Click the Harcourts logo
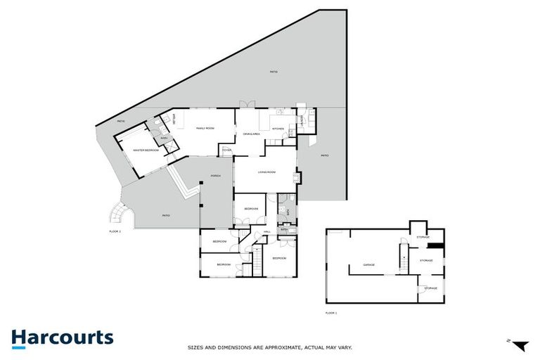coord(62,337)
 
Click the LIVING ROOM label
coord(266,172)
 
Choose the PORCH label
coord(216,176)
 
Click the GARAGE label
coord(368,265)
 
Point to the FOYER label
coord(227,150)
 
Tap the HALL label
coord(267,231)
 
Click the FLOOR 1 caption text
coord(331,312)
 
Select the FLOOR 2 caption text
coord(115,231)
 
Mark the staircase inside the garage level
coord(404,259)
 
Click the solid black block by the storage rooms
coord(436,245)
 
